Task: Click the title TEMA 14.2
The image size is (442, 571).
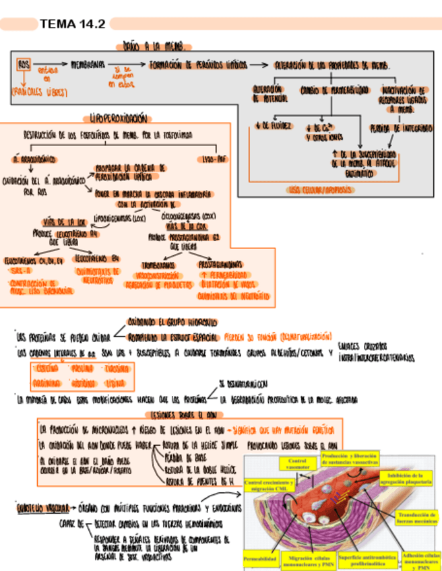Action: [73, 24]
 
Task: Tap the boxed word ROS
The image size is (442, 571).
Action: [24, 65]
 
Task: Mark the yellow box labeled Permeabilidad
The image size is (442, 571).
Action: [261, 559]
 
